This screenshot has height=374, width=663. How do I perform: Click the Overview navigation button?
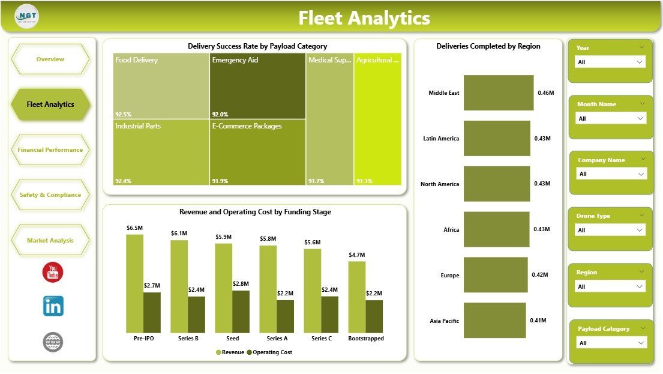point(50,59)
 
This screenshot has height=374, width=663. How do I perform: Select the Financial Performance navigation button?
point(50,149)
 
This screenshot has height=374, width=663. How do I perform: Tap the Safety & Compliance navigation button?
point(50,195)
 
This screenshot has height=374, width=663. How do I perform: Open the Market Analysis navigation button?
point(50,240)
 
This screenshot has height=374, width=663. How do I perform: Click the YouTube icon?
point(53,272)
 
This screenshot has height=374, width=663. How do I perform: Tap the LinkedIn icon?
point(53,306)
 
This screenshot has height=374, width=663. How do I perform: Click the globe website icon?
point(53,342)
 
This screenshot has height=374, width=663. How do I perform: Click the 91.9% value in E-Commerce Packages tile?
point(220,181)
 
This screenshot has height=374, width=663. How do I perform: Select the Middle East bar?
point(498,93)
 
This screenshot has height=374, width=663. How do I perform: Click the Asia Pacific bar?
point(494,321)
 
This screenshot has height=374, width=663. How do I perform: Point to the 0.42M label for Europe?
point(539,276)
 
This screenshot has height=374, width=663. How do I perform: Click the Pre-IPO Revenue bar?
point(135,283)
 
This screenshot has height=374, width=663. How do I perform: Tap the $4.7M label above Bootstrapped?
point(356,255)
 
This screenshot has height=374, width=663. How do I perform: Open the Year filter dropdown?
point(610,62)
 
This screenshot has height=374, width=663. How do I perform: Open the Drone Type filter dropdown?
point(610,230)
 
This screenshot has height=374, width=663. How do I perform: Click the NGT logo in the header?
point(26,16)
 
